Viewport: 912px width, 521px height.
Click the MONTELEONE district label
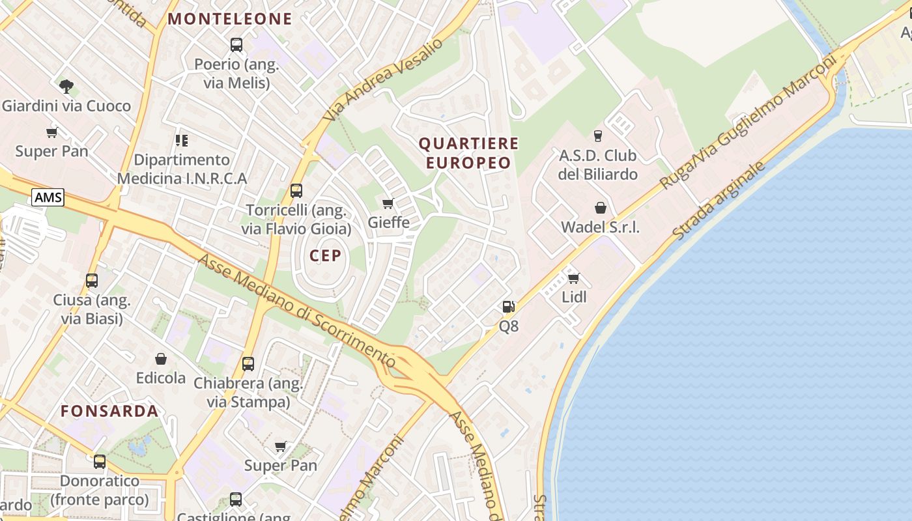[230, 19]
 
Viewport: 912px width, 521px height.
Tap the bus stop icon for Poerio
[236, 45]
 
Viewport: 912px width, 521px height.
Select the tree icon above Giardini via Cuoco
[66, 86]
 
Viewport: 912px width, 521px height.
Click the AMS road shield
[48, 197]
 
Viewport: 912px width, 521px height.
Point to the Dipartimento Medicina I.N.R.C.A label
[182, 169]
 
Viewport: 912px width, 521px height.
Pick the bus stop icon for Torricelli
[296, 191]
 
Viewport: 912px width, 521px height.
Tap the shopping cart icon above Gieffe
[388, 203]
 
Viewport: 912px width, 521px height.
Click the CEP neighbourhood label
[325, 256]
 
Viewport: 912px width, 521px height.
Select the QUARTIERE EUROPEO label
[468, 153]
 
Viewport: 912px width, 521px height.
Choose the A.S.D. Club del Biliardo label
[597, 165]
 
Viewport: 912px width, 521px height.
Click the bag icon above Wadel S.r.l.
[600, 208]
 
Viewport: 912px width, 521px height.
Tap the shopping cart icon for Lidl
[574, 278]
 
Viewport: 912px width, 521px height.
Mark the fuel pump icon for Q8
[508, 306]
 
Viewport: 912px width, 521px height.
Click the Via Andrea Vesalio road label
[384, 79]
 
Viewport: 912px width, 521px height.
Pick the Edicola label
[161, 378]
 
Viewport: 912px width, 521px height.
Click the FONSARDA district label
[109, 411]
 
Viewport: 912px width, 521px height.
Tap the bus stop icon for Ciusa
[92, 281]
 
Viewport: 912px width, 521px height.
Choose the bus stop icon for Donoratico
[100, 462]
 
